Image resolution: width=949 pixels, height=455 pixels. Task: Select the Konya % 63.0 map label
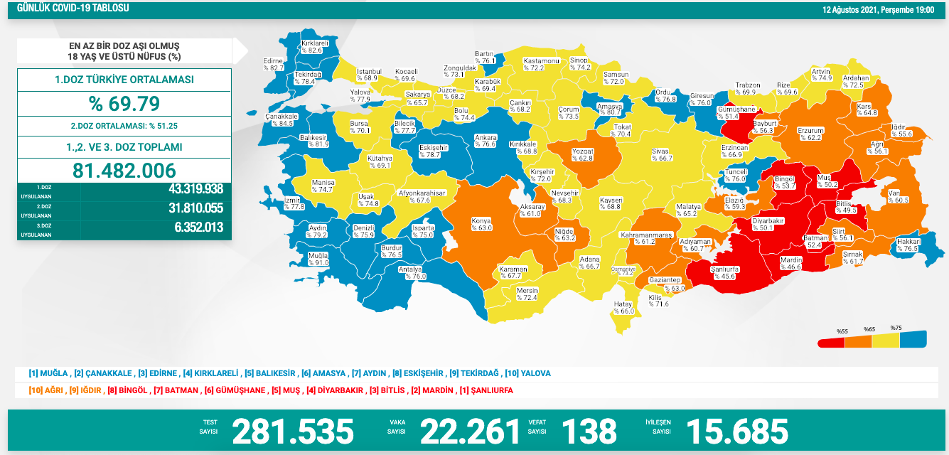481,225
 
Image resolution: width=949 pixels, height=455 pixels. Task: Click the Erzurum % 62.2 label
810,134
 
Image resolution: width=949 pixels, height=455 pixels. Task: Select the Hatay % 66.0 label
623,308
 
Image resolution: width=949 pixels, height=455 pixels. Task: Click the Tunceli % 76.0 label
735,176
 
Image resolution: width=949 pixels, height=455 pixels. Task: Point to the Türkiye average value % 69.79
124,104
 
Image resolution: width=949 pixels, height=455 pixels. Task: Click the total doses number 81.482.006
124,170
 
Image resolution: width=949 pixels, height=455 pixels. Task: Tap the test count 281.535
293,431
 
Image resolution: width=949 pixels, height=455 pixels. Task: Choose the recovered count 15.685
737,431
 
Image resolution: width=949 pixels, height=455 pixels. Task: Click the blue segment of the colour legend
913,340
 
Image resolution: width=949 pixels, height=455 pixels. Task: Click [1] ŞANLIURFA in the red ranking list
486,390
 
